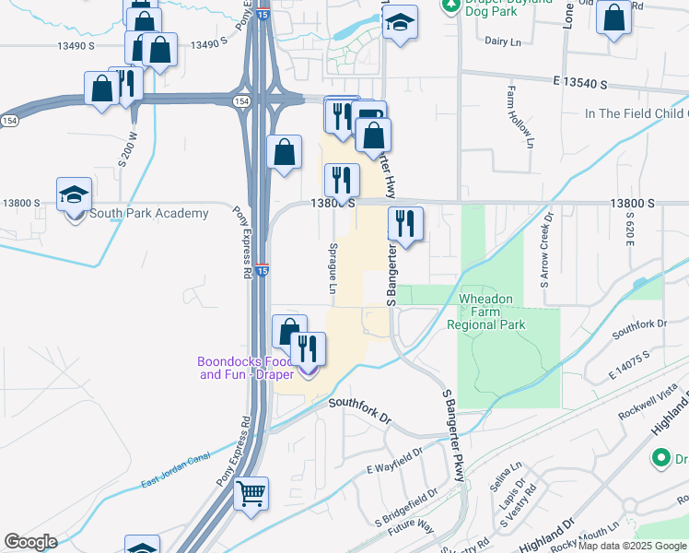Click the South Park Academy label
tap(148, 214)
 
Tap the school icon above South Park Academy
tap(74, 195)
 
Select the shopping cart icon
tap(251, 494)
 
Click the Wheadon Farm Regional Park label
tap(485, 312)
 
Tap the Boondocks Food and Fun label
tap(246, 368)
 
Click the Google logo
tap(30, 542)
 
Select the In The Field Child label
tap(636, 113)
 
